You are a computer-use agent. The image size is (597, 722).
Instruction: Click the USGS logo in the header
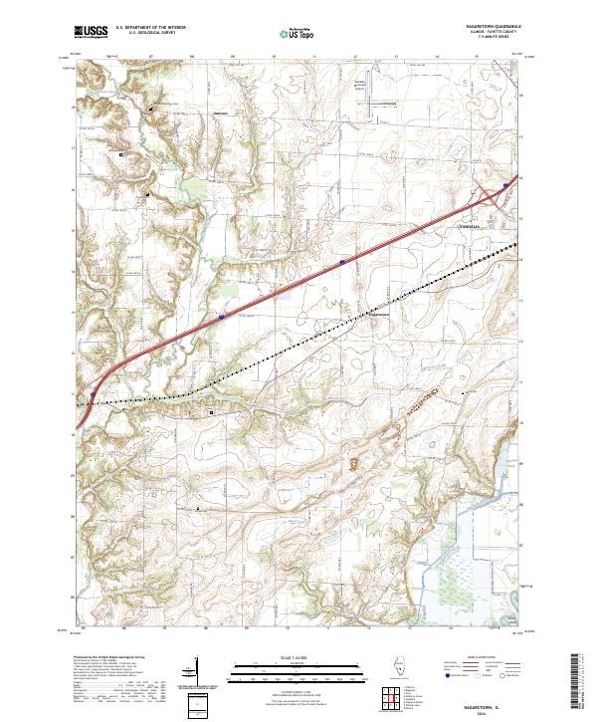(92, 33)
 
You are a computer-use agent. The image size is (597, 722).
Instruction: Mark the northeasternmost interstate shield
(506, 185)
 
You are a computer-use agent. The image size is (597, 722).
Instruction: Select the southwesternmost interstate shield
(93, 394)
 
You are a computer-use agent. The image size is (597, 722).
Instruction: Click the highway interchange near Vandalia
(494, 196)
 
